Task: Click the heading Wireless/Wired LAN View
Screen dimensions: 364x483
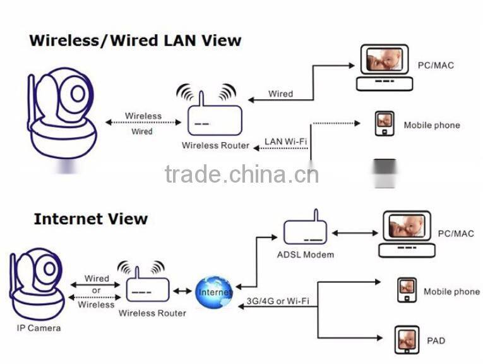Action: click(135, 40)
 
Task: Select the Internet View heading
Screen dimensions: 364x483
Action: click(90, 219)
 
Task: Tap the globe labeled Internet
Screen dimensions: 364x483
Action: click(213, 292)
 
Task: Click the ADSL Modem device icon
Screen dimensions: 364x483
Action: click(305, 233)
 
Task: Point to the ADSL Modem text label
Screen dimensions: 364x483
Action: click(306, 255)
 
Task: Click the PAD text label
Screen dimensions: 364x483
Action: click(436, 341)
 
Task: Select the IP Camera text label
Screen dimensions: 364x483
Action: click(39, 328)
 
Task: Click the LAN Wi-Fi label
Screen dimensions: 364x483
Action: click(285, 142)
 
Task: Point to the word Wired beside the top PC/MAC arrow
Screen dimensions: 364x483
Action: click(280, 94)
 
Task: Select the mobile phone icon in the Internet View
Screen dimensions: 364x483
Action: click(407, 289)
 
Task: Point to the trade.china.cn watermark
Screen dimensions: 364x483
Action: click(241, 173)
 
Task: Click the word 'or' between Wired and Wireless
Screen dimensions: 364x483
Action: click(97, 291)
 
